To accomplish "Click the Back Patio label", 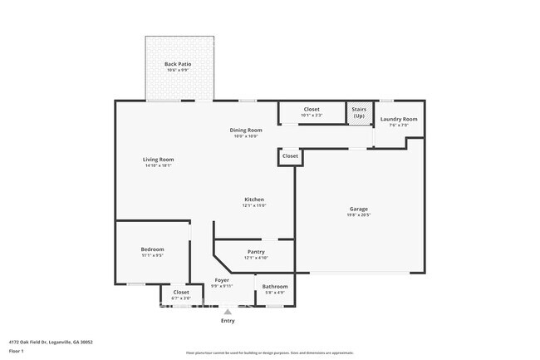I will pos(180,63).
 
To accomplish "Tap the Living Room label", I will pos(159,159).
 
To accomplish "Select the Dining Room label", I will pos(246,130).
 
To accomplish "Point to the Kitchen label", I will pos(254,200).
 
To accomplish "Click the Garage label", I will pos(358,209).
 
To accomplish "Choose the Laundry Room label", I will pos(399,119).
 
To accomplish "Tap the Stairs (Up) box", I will pos(359,112).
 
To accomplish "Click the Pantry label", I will pos(256,251).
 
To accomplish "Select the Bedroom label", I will pos(152,249).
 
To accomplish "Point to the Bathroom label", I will pos(274,287).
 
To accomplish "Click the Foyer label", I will pos(222,280).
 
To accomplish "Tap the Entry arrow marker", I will pos(227,311).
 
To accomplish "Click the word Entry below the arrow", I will pos(227,321).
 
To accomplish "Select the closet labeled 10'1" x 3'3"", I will pos(312,111).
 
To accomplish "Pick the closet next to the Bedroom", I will pos(180,293).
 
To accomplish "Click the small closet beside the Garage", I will pos(290,156).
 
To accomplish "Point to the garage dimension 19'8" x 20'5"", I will pos(358,215).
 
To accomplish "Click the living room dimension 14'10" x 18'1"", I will pos(159,165).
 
